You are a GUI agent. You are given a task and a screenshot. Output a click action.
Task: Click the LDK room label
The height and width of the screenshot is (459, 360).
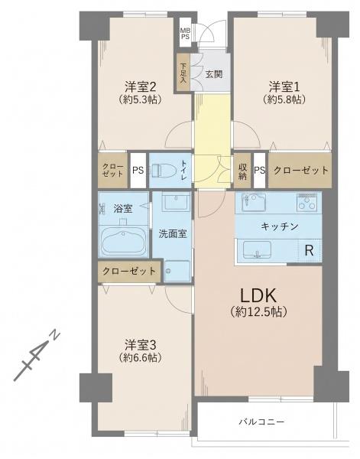point(258,296)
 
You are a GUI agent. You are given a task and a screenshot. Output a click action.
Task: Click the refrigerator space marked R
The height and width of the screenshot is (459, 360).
point(310,251)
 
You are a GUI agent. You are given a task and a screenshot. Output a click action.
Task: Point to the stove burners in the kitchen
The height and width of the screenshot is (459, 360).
point(307,202)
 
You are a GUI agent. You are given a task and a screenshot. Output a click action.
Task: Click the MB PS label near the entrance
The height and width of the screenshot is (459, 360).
point(185,34)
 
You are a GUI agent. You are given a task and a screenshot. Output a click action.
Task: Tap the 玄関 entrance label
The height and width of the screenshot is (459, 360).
point(214,74)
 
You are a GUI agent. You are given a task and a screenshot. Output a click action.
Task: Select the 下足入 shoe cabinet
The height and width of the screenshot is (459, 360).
point(183,73)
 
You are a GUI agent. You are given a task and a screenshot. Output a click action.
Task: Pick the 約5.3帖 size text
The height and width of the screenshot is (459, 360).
point(141,99)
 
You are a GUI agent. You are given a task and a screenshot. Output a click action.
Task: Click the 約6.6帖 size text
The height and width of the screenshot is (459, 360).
point(141,357)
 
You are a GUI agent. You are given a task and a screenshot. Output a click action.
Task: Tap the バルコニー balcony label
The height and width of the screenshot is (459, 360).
point(261,422)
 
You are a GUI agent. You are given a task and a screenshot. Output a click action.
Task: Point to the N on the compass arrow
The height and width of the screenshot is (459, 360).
point(55,335)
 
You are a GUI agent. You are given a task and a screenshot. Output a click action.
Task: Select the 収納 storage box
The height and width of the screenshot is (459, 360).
point(242,171)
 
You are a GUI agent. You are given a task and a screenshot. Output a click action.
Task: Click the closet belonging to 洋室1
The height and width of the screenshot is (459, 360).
point(300,171)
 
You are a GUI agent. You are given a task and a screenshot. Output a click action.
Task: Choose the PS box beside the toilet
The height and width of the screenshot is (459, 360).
point(138,171)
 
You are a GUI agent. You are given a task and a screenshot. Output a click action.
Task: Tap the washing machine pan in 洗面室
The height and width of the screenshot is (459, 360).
point(177,271)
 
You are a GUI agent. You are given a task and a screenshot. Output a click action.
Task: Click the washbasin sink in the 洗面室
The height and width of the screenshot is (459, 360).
point(177,201)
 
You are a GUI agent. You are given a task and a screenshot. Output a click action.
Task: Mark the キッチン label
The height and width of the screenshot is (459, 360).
point(279,226)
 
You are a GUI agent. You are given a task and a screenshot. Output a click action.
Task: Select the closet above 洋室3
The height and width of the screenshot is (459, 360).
point(129,271)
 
